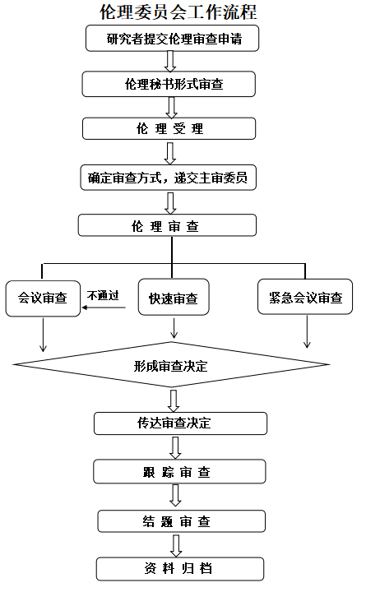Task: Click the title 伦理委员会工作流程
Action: pos(178,12)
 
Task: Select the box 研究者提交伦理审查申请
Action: pos(172,38)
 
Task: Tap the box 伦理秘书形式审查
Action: pos(169,84)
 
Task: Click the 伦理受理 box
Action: pos(169,128)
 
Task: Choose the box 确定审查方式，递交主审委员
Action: pos(169,178)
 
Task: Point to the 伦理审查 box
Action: pos(167,225)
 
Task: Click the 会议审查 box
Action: pos(43,298)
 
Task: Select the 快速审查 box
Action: pos(174,297)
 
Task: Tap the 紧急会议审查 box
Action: pos(305,296)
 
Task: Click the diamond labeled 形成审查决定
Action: pos(171,365)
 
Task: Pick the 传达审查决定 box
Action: pos(181,423)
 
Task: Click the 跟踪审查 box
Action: pos(180,472)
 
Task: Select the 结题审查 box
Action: pos(182,521)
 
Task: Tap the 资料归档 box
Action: pos(180,569)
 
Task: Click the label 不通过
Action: pos(103,295)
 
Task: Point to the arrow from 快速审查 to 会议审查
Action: pos(104,308)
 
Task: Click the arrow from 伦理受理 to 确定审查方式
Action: pos(170,153)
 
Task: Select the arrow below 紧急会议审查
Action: pos(307,331)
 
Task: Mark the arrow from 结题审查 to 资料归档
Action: pos(176,546)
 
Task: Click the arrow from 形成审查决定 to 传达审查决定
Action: pos(174,401)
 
